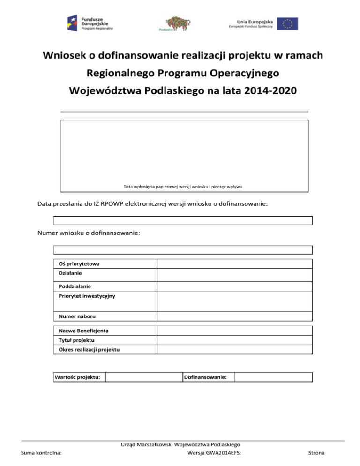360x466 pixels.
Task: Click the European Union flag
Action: click(287, 23)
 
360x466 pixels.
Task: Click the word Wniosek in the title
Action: click(65, 56)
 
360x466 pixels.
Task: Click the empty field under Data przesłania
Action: click(183, 220)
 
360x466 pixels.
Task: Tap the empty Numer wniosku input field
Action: click(183, 249)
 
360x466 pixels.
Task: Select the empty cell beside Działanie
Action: click(234, 275)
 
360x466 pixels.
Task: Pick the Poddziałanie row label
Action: click(75, 286)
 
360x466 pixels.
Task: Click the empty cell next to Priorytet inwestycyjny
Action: click(234, 300)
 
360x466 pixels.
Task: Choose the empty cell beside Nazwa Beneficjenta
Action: click(234, 331)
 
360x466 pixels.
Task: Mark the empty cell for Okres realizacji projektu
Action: click(234, 350)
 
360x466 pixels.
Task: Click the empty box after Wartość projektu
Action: click(143, 377)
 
